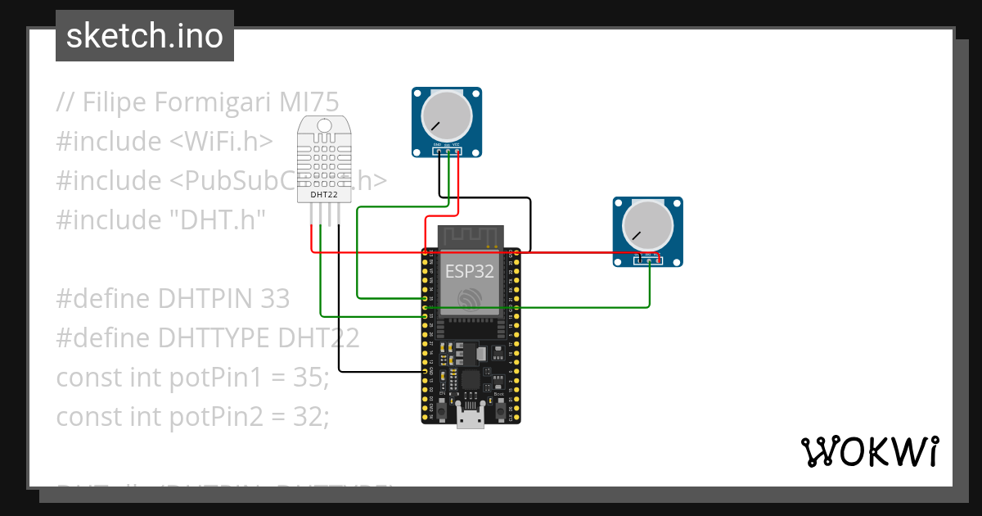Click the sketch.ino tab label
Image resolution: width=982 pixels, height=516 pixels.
(x=144, y=36)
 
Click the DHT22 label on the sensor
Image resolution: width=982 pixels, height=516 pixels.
(x=324, y=195)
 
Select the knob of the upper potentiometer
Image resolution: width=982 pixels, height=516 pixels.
(x=447, y=116)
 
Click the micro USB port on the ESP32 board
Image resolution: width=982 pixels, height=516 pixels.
(x=470, y=419)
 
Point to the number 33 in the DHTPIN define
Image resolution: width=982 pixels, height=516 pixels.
(x=275, y=299)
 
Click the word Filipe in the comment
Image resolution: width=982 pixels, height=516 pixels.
(x=114, y=102)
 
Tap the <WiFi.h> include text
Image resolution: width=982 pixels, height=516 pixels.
(x=221, y=142)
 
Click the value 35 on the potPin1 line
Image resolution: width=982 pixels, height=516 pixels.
(x=310, y=378)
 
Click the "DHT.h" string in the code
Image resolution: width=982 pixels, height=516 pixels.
(x=216, y=220)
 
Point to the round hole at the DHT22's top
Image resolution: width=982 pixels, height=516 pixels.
(x=324, y=125)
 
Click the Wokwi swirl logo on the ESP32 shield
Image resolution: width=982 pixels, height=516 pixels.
(x=470, y=299)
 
